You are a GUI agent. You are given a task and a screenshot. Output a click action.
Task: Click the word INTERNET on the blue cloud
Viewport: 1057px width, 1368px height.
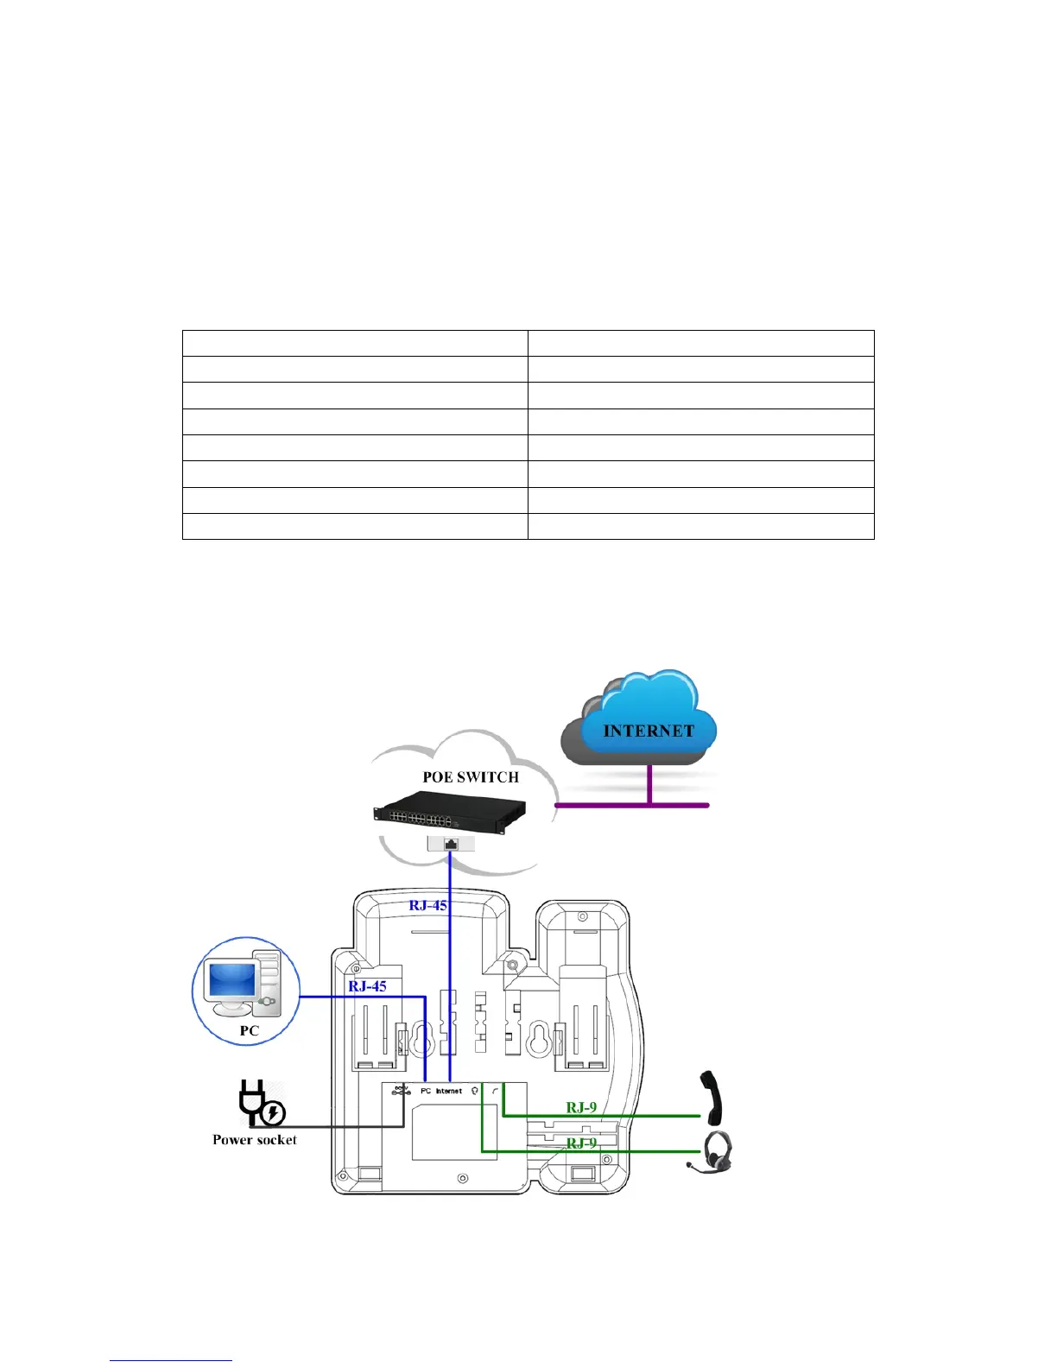[649, 731]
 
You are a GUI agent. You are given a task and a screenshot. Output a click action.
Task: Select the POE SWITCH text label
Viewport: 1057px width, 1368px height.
[471, 777]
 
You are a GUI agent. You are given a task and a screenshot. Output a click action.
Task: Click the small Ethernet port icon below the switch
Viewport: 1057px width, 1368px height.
[451, 844]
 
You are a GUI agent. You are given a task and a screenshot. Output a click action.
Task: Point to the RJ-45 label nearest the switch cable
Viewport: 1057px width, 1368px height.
[428, 905]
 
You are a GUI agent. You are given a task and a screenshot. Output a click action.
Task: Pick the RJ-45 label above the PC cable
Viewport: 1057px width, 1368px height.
[367, 986]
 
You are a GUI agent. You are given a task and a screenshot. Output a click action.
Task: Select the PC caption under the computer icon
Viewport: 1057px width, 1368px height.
[250, 1030]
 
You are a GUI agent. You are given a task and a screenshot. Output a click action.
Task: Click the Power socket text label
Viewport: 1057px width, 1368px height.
[255, 1140]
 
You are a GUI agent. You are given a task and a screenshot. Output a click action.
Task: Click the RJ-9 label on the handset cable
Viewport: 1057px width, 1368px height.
[581, 1107]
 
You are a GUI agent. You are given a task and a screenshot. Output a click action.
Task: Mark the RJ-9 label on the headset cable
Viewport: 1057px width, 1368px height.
[581, 1143]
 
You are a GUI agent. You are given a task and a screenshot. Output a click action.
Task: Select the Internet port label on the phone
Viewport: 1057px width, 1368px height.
[449, 1092]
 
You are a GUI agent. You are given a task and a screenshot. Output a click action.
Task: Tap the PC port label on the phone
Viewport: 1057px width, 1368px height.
[426, 1092]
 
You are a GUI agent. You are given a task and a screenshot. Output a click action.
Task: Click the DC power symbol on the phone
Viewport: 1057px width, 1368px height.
[401, 1092]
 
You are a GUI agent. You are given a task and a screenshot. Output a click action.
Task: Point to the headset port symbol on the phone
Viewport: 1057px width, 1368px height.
[475, 1092]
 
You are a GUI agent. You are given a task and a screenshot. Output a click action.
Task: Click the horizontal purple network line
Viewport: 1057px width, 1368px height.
[631, 805]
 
